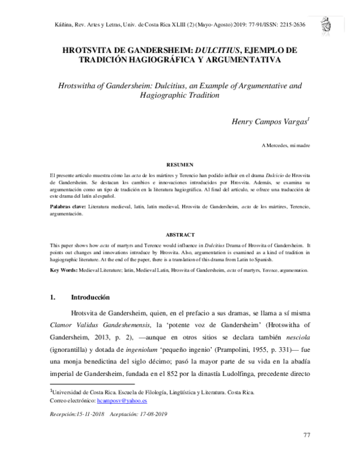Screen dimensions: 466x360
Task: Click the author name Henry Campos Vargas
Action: (x=269, y=123)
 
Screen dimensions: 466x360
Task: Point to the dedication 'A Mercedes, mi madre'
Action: (x=286, y=146)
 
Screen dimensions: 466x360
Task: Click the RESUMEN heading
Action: (x=179, y=164)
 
